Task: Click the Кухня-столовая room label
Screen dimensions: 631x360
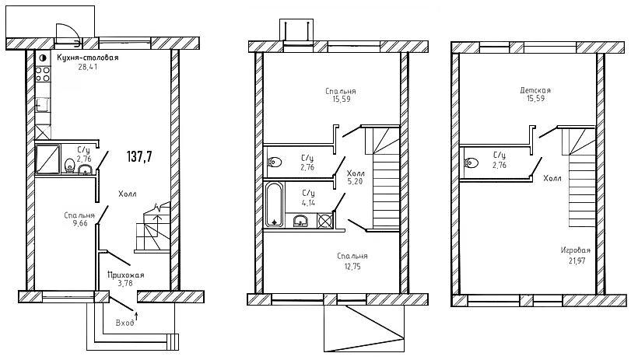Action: (87, 58)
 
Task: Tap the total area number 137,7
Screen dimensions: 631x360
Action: (139, 156)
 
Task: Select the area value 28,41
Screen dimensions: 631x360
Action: (88, 67)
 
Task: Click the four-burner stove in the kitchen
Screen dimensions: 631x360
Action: (43, 74)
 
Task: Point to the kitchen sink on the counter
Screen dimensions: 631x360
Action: (43, 106)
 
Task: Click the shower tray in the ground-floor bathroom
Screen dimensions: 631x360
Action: (47, 159)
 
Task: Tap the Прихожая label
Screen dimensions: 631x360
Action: (125, 275)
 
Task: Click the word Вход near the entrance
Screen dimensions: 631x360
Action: (124, 323)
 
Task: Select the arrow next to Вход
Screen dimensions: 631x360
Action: (136, 316)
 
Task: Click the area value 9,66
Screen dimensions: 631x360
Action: (79, 223)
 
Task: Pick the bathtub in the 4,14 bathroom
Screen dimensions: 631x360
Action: (275, 205)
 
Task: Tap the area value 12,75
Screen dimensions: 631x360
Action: (352, 266)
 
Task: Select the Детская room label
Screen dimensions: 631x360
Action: (535, 90)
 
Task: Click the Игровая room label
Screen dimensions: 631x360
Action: (576, 250)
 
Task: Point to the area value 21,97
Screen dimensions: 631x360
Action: (576, 260)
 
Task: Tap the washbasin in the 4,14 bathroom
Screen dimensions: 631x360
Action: (300, 221)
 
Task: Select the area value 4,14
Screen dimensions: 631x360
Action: (308, 203)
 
